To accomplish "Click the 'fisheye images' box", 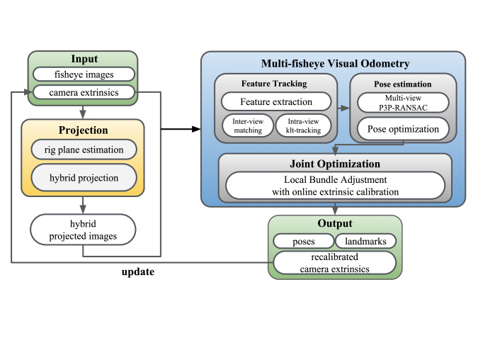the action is coord(84,74).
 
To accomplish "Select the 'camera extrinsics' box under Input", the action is coord(84,92).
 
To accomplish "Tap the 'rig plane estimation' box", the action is coord(84,150).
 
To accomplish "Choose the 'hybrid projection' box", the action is coord(84,178).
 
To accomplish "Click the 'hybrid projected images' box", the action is coord(83,230).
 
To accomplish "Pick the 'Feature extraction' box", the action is coord(276,101).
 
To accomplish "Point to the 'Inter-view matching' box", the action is coord(248,125).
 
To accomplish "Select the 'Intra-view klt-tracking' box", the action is coord(303,125).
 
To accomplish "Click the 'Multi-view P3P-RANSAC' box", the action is coord(403,103).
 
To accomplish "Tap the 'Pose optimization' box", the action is coord(403,129).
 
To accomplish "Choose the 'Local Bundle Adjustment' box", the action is coord(336,186).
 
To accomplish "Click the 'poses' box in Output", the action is coord(304,242).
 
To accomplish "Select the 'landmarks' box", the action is coord(365,242).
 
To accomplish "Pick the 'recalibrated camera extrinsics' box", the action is coord(335,263).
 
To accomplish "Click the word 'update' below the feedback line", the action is coord(138,271).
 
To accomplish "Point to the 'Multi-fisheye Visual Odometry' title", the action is coord(336,64).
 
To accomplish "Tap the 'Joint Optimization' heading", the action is coord(335,164).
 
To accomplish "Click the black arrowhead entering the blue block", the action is coord(196,129).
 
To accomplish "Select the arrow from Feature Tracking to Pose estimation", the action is coord(343,108).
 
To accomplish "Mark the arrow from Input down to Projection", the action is coord(83,112).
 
